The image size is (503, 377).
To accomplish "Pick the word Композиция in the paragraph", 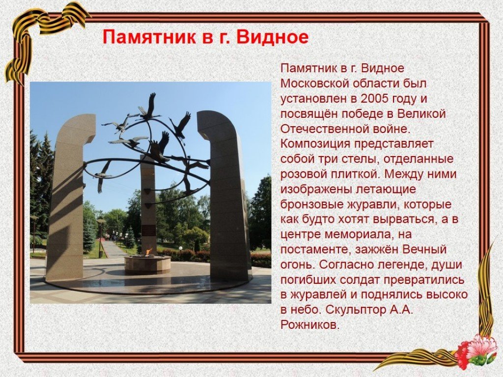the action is (315, 144).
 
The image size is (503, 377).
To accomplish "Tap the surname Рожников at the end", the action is (309, 325).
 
